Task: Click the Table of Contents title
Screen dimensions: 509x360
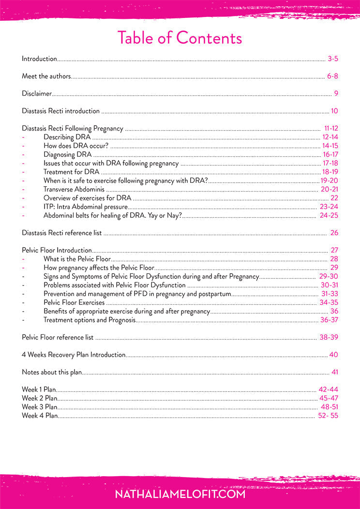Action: point(180,38)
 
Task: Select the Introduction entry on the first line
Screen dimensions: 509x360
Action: point(39,59)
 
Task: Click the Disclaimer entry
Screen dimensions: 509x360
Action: point(37,94)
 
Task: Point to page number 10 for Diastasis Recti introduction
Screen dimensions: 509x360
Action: point(334,111)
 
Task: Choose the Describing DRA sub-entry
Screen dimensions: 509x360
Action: point(67,137)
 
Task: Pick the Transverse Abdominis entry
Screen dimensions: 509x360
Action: point(74,189)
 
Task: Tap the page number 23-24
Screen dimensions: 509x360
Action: point(329,207)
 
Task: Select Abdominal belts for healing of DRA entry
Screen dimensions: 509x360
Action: point(113,215)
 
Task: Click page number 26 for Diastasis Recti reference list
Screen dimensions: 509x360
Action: point(334,233)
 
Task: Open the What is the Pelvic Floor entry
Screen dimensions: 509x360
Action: point(77,259)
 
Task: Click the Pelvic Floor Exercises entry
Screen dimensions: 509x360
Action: point(74,302)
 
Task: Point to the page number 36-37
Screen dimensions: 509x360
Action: point(329,320)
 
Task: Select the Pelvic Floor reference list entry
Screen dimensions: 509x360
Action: point(58,337)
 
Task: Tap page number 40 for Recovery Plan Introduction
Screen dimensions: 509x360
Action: point(334,355)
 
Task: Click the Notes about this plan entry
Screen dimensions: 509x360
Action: point(52,372)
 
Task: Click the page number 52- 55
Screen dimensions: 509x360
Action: point(328,416)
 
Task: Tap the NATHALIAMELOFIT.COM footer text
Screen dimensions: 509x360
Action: point(180,494)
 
